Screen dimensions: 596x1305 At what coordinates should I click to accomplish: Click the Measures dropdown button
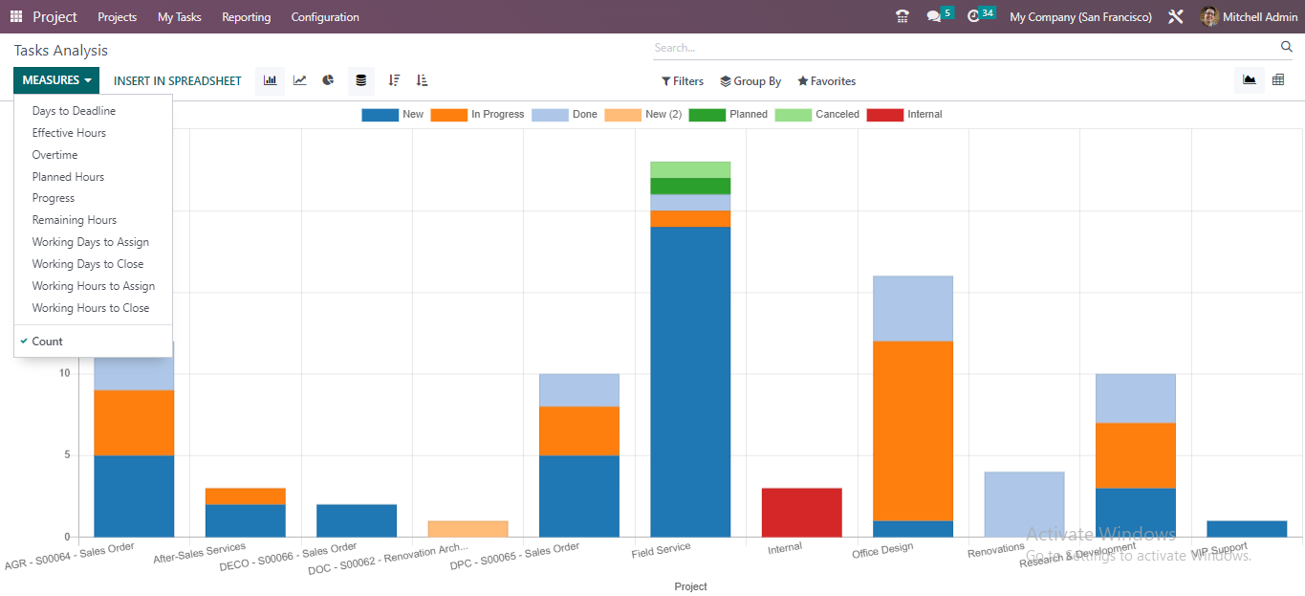[56, 80]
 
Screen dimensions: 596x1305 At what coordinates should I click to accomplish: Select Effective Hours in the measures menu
[69, 133]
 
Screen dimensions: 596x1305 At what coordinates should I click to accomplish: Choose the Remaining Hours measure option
[74, 220]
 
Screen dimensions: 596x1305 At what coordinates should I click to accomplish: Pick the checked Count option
[47, 342]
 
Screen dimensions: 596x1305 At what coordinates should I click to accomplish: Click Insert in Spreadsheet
[177, 81]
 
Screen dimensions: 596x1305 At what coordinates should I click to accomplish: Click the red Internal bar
[801, 512]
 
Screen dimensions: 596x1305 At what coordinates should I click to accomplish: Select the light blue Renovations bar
[1024, 503]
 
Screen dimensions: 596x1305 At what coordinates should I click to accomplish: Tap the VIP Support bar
[1246, 528]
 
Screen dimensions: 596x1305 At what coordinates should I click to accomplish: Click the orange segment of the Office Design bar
[912, 430]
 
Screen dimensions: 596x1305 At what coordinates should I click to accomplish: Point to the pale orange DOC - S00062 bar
[468, 528]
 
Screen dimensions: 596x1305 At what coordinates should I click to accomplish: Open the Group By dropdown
[750, 81]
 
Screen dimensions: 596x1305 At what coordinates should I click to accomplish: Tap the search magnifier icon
[1286, 47]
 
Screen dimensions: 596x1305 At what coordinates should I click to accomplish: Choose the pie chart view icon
[328, 80]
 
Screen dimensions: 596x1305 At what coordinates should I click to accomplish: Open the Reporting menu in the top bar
[246, 17]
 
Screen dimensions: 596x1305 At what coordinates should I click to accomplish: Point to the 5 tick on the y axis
[64, 455]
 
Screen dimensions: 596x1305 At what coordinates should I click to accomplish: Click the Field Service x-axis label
[661, 551]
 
